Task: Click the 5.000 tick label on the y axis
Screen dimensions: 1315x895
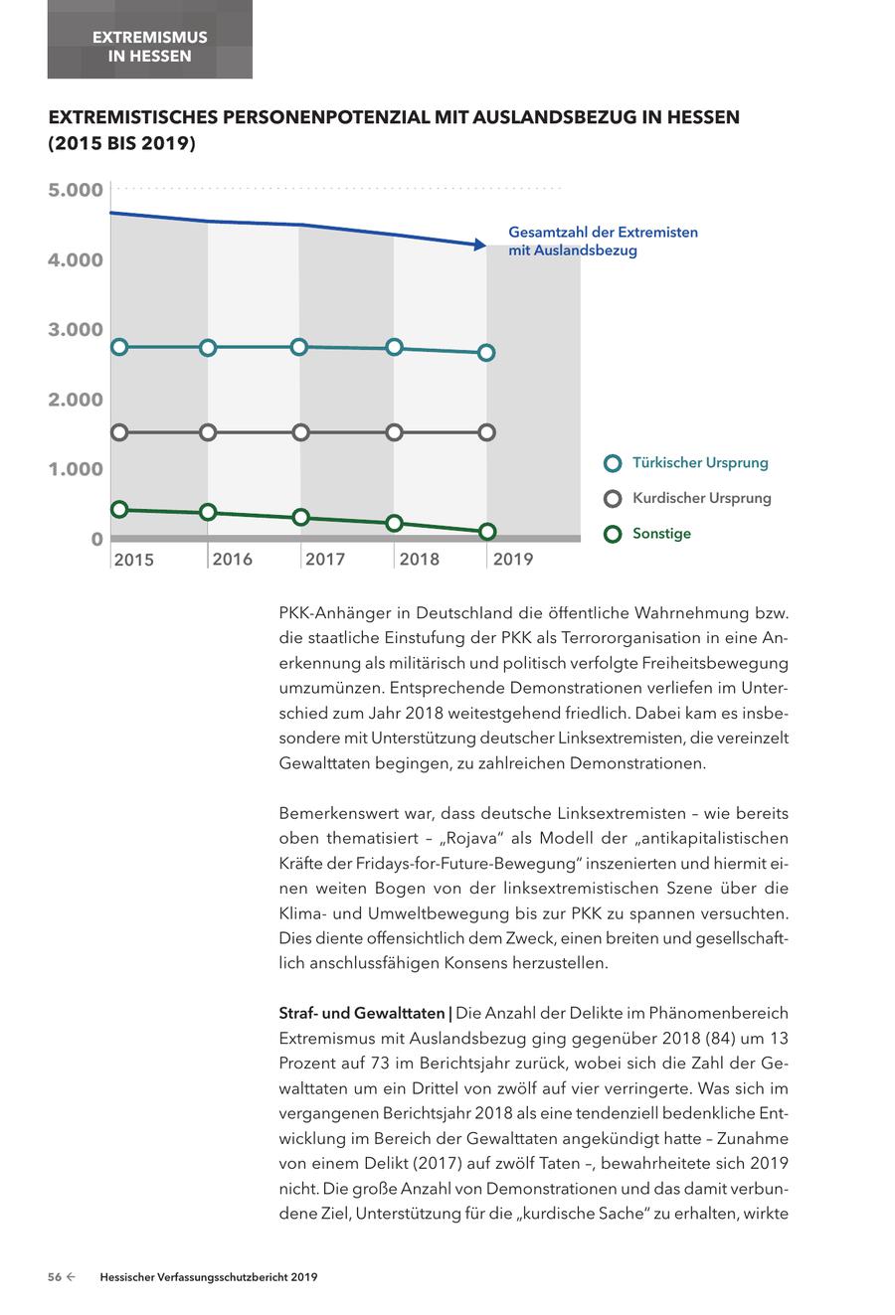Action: (76, 190)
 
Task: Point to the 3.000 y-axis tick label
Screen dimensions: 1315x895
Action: (76, 329)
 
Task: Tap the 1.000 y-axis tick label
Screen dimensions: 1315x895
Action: (76, 469)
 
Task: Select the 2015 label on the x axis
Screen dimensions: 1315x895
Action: (134, 560)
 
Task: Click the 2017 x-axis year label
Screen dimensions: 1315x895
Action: (325, 559)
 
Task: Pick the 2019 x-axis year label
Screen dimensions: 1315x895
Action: (513, 559)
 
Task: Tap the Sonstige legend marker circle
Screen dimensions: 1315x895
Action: (614, 534)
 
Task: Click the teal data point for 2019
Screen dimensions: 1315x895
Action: (487, 353)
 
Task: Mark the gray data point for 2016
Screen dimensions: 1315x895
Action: (208, 432)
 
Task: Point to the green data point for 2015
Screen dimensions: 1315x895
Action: (119, 509)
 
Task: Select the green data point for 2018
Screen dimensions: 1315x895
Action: (394, 523)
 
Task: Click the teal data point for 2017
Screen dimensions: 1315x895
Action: (299, 347)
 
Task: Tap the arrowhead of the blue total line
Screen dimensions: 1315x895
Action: (479, 245)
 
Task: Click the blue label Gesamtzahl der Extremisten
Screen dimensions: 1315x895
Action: (603, 233)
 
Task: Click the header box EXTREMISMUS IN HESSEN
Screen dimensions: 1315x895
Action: (150, 46)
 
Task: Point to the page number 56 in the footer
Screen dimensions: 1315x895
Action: (56, 1277)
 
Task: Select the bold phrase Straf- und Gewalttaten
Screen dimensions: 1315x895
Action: (363, 1014)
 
